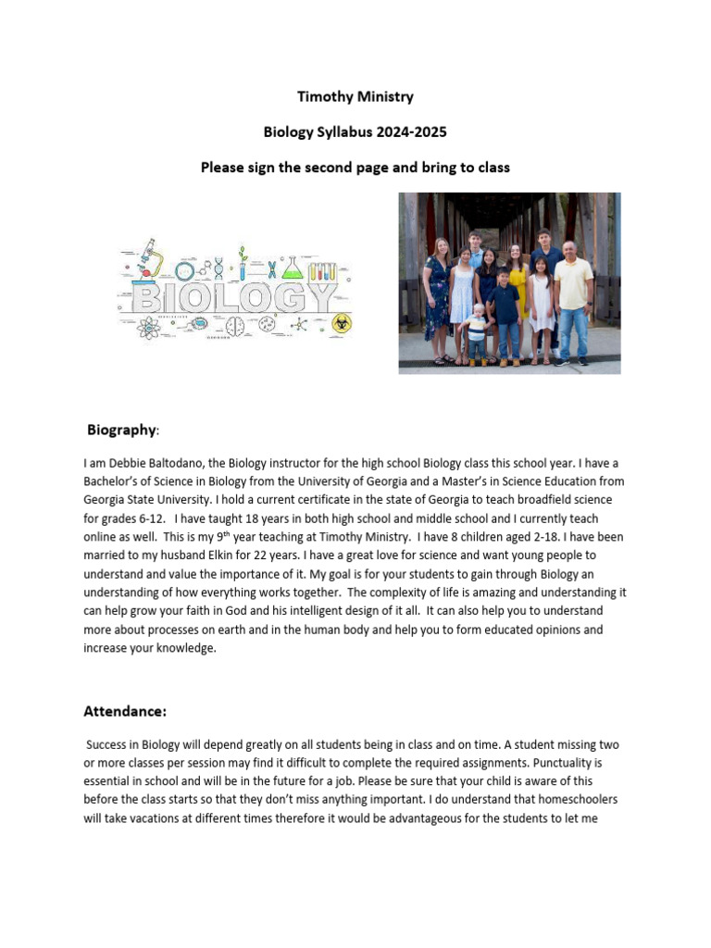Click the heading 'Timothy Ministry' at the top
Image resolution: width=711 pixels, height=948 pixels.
click(x=355, y=96)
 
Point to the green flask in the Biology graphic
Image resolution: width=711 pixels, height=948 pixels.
click(x=293, y=269)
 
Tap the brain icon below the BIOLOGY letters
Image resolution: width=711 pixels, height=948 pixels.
click(x=234, y=325)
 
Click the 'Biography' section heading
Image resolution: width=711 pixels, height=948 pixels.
click(x=121, y=430)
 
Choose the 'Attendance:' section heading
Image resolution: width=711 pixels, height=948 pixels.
click(x=125, y=712)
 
